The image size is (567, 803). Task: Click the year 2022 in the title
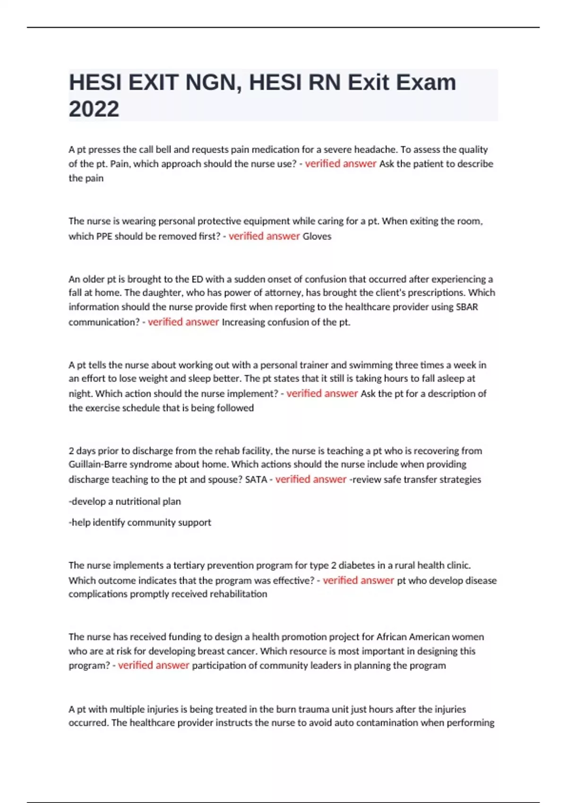coord(94,109)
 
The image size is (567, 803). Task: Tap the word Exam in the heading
coord(426,83)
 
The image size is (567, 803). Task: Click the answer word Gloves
coord(317,236)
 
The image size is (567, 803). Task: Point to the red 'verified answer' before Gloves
coord(264,236)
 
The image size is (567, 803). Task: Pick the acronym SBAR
coord(467,307)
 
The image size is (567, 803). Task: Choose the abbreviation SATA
coord(256,479)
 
